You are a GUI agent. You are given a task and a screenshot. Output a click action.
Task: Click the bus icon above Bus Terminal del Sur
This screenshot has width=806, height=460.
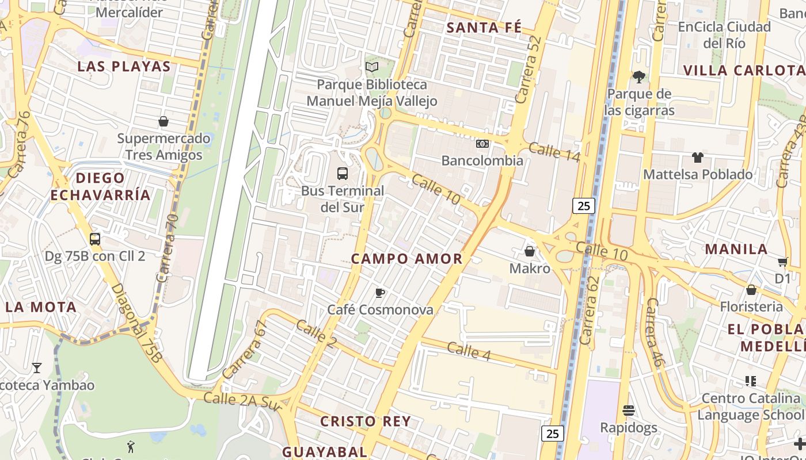click(342, 173)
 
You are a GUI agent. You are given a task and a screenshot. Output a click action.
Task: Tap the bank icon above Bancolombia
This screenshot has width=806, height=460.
click(482, 143)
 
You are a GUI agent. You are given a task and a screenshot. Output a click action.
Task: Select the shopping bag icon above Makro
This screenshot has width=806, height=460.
click(530, 251)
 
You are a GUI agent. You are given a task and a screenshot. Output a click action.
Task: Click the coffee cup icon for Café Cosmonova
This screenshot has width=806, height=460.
click(380, 293)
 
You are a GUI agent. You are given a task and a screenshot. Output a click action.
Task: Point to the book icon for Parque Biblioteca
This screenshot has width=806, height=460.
click(372, 67)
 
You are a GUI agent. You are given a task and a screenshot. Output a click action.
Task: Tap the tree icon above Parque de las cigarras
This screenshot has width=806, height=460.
click(638, 76)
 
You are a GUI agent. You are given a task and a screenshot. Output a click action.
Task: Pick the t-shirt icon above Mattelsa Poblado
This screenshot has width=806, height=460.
click(698, 157)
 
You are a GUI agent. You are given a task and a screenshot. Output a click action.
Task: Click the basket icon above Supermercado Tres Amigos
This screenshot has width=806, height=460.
click(164, 121)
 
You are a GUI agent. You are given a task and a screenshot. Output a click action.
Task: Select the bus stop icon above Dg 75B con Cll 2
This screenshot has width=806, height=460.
click(95, 239)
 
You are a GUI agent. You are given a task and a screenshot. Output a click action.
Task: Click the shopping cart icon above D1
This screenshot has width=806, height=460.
click(782, 262)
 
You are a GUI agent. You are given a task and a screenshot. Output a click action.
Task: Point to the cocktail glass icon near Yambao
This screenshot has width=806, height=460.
click(37, 367)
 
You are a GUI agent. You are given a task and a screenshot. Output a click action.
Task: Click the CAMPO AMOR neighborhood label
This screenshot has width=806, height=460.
click(406, 259)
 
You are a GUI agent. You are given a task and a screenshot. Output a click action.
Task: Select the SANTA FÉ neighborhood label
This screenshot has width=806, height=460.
click(484, 27)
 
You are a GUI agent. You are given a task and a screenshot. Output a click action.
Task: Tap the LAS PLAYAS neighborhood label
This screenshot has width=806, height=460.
click(124, 66)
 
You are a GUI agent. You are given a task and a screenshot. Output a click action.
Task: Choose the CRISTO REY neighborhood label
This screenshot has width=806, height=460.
click(366, 421)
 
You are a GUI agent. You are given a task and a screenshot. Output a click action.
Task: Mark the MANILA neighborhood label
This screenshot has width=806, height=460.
click(736, 249)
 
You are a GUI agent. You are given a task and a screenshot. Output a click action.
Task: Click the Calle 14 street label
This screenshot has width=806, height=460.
click(553, 151)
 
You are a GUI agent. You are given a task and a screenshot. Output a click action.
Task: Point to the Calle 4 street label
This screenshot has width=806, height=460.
click(469, 351)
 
